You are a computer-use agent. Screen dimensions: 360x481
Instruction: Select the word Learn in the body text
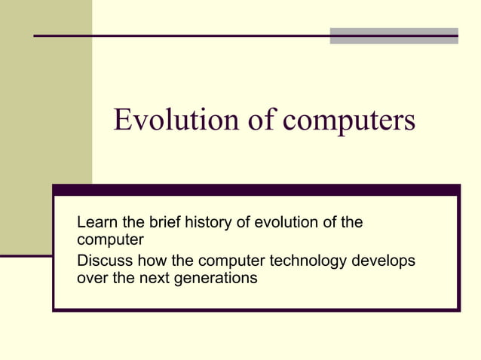point(96,223)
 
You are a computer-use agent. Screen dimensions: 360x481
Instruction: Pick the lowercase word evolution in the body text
point(283,223)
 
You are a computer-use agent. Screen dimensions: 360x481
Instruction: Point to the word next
point(160,279)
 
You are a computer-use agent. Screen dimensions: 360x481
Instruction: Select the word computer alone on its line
point(110,241)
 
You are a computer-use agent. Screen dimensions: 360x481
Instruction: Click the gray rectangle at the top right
point(394,35)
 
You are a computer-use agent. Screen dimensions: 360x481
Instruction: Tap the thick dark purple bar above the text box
point(256,191)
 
